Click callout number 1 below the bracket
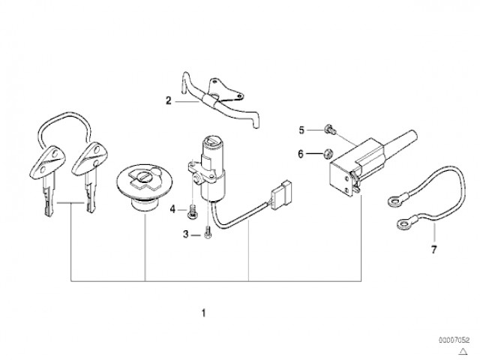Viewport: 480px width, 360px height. [202, 312]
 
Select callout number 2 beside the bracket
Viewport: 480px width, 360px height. [169, 100]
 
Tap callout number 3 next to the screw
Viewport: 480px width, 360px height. [186, 235]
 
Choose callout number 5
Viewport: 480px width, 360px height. [302, 130]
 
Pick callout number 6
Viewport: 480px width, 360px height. [302, 154]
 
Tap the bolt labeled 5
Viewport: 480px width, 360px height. [328, 130]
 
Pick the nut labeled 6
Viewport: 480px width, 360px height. [328, 155]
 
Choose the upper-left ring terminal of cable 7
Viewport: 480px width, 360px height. [391, 200]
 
